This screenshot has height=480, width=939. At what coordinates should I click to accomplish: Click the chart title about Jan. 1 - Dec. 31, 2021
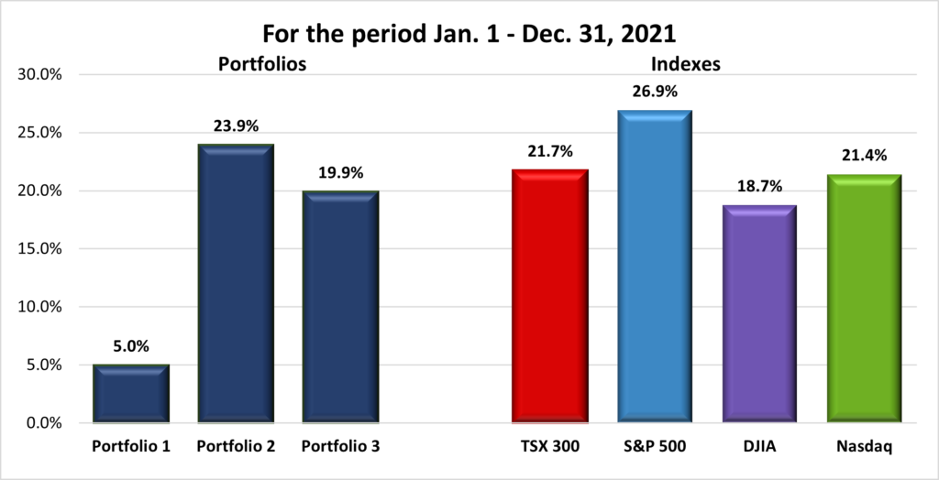469,34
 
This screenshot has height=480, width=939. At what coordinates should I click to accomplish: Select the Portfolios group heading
261,65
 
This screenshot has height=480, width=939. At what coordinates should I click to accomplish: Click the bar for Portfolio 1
131,394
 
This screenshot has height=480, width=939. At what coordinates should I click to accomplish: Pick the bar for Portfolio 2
236,284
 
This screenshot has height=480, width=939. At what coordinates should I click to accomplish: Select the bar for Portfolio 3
340,307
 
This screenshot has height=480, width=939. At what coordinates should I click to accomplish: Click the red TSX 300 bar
549,296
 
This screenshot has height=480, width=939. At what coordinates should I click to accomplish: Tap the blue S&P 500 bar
654,267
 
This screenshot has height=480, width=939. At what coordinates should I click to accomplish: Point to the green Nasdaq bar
863,299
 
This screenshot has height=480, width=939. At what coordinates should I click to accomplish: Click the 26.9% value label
654,93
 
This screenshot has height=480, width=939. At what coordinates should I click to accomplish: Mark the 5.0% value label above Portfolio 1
131,347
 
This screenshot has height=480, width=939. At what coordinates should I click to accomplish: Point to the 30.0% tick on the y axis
39,74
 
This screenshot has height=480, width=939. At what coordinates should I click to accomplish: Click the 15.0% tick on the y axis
39,248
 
